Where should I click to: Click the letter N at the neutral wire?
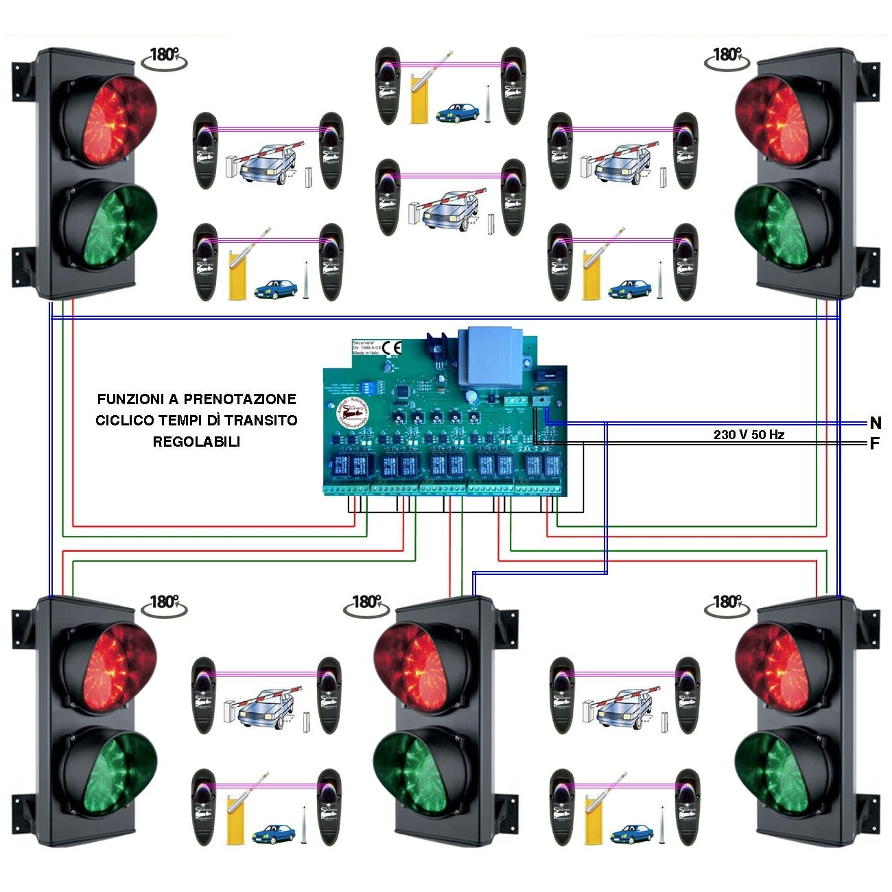tap(875, 423)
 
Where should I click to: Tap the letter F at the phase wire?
tap(875, 444)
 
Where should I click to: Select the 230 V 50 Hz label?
tap(749, 434)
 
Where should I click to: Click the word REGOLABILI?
tap(196, 442)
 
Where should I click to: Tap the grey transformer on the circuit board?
tap(490, 357)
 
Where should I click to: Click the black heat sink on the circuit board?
tap(436, 347)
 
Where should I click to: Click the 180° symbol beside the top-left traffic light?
tap(163, 56)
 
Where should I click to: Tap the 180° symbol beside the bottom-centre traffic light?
tap(366, 603)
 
